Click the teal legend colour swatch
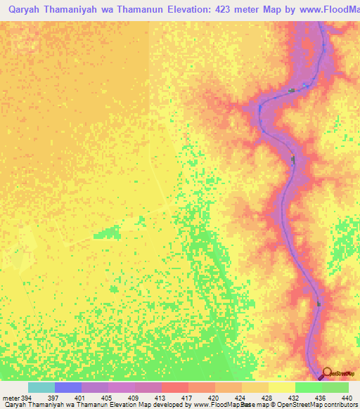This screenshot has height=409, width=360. pyautogui.click(x=41, y=387)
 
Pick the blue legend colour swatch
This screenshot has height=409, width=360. pyautogui.click(x=68, y=387)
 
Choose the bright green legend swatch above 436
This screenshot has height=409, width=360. pyautogui.click(x=309, y=387)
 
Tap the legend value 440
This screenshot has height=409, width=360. pyautogui.click(x=347, y=398)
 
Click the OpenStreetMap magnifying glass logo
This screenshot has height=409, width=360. pyautogui.click(x=326, y=373)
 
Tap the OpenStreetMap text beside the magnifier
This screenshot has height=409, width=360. pyautogui.click(x=344, y=373)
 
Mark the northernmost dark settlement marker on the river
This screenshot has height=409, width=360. pyautogui.click(x=291, y=91)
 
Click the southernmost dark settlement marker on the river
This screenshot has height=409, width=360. pyautogui.click(x=319, y=304)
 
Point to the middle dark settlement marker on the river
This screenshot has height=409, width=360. pyautogui.click(x=292, y=160)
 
